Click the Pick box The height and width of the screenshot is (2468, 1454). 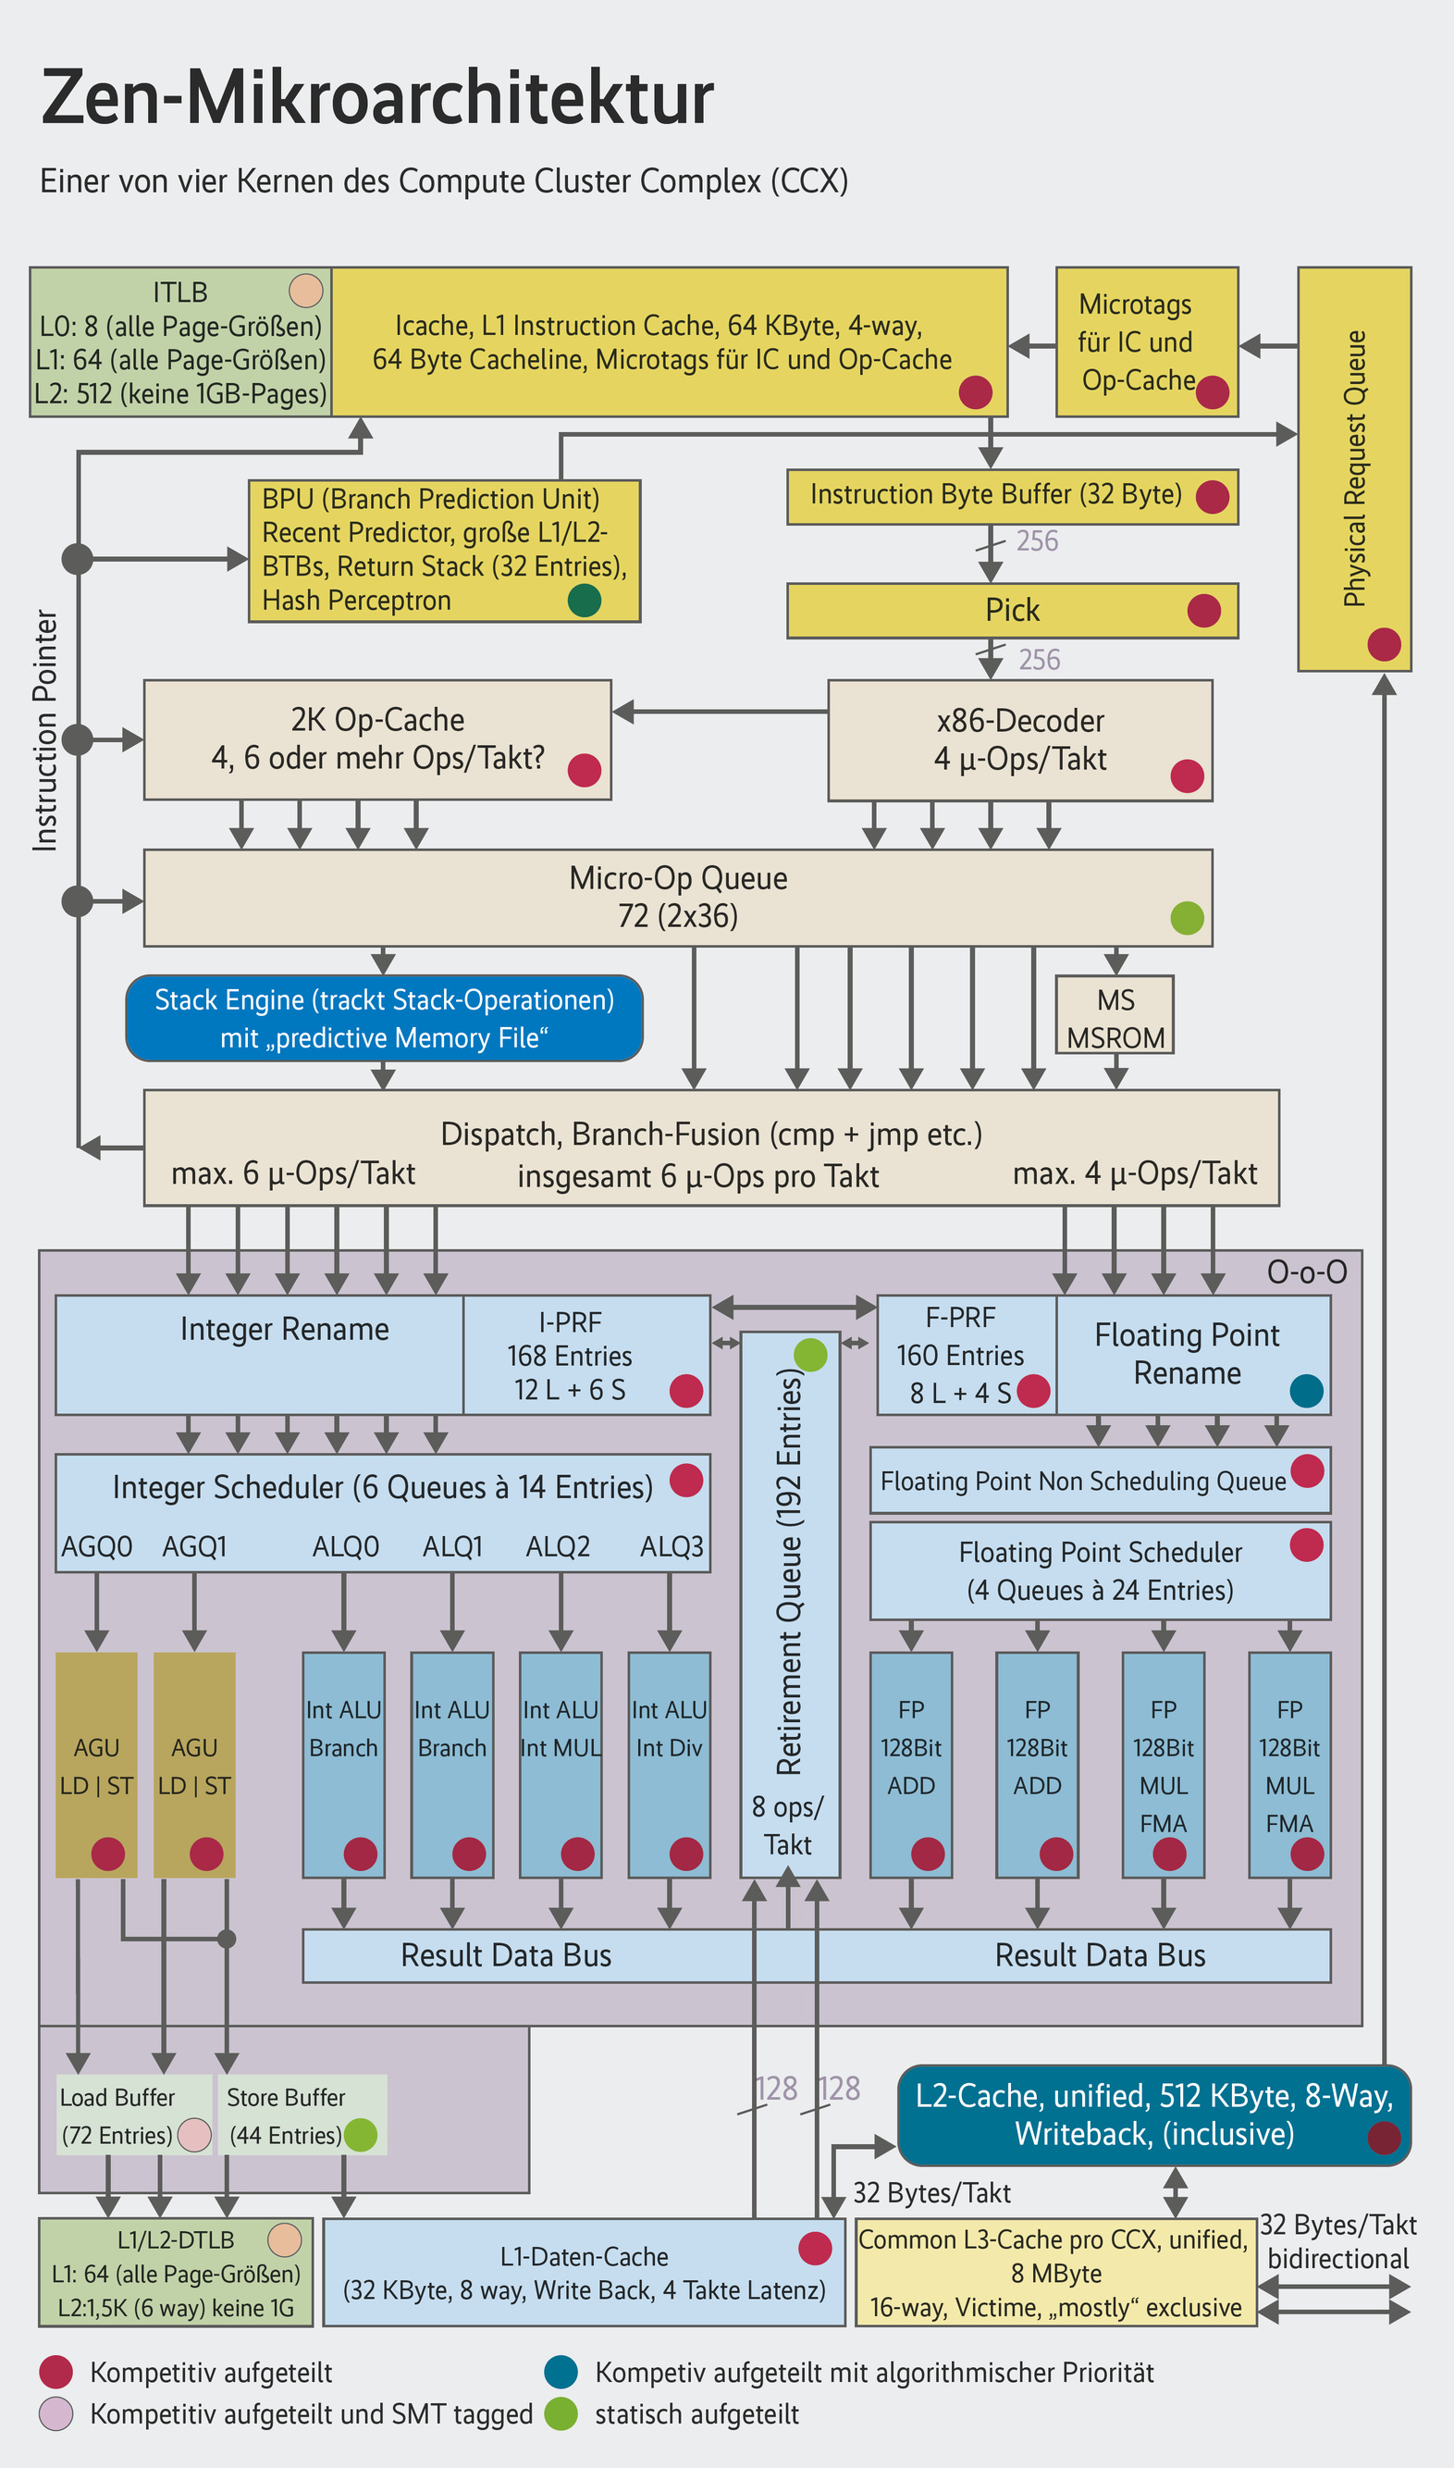point(1012,611)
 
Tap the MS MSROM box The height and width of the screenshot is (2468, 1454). point(1114,1014)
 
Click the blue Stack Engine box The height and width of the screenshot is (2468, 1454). point(384,1017)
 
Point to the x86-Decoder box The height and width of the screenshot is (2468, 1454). point(1020,740)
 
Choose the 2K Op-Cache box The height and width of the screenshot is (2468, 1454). point(377,740)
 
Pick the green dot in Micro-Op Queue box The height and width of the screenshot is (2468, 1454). point(1187,917)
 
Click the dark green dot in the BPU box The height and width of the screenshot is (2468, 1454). point(584,600)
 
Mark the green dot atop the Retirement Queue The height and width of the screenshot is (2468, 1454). point(810,1355)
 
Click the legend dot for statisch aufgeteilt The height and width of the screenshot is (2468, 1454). point(561,2414)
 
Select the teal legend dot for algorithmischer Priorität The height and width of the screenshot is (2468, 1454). point(561,2373)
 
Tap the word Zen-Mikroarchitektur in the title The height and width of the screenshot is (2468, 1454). point(377,98)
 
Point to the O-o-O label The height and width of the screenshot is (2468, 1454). point(1306,1272)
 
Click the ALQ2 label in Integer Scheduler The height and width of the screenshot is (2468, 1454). point(558,1546)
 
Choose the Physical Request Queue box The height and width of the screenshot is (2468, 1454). point(1354,468)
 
